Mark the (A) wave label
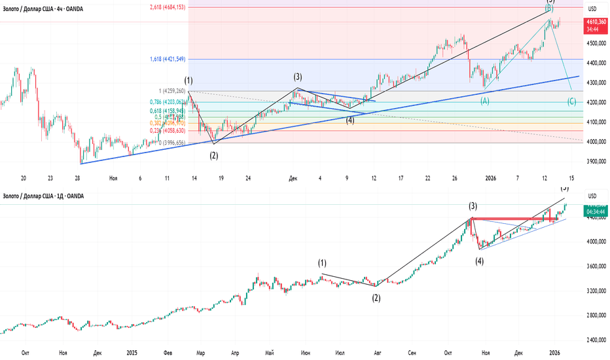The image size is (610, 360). tap(485, 101)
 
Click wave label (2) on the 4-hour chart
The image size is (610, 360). tap(214, 155)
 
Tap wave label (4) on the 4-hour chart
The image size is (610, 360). tap(350, 120)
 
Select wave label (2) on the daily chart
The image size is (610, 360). tap(376, 297)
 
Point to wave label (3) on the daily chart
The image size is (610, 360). tap(472, 206)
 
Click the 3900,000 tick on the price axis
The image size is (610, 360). tap(595, 161)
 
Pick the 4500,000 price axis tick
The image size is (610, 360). tap(595, 44)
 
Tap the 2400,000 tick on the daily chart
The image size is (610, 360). tap(595, 340)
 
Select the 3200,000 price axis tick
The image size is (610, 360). tap(595, 291)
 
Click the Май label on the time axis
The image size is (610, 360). tap(268, 352)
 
